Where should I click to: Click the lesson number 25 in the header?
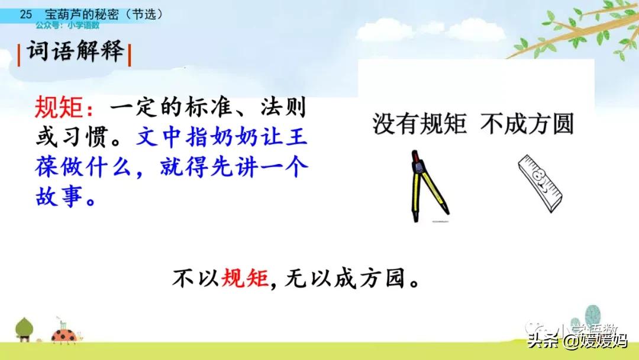(x=25, y=14)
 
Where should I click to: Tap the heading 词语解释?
(x=75, y=52)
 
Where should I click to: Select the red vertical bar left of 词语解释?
(x=19, y=56)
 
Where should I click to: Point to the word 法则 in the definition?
(x=283, y=107)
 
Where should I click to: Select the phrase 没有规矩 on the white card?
(x=419, y=124)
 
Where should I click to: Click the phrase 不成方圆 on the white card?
(x=527, y=124)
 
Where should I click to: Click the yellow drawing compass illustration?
(x=428, y=186)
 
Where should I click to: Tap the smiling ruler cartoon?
(x=540, y=184)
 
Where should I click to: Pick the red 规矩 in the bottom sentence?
(x=244, y=279)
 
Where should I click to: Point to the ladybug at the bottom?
(x=65, y=335)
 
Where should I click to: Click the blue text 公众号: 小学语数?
(x=67, y=25)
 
